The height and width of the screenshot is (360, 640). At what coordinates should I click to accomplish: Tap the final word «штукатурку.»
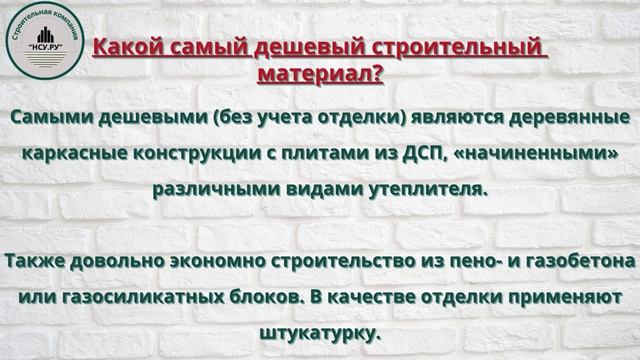click(319, 333)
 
